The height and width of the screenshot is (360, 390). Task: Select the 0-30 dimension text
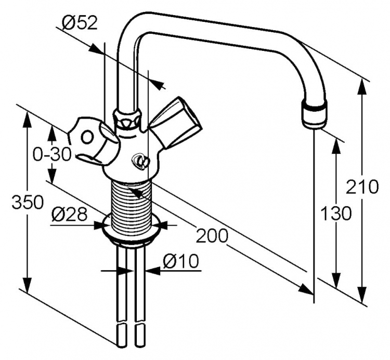click(x=52, y=155)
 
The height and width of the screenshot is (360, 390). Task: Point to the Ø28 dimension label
click(x=70, y=215)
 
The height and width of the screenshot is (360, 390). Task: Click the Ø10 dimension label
click(x=181, y=261)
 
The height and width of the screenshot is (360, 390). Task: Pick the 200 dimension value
click(x=212, y=235)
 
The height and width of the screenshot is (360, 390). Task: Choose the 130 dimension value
click(x=336, y=214)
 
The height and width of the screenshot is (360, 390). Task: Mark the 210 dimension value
click(x=362, y=186)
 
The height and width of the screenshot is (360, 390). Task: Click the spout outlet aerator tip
click(x=314, y=115)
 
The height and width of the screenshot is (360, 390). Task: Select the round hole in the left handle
click(x=87, y=137)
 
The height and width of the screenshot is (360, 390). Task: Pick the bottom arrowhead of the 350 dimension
click(x=28, y=285)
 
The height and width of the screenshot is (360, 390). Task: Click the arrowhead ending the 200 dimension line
click(x=305, y=289)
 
